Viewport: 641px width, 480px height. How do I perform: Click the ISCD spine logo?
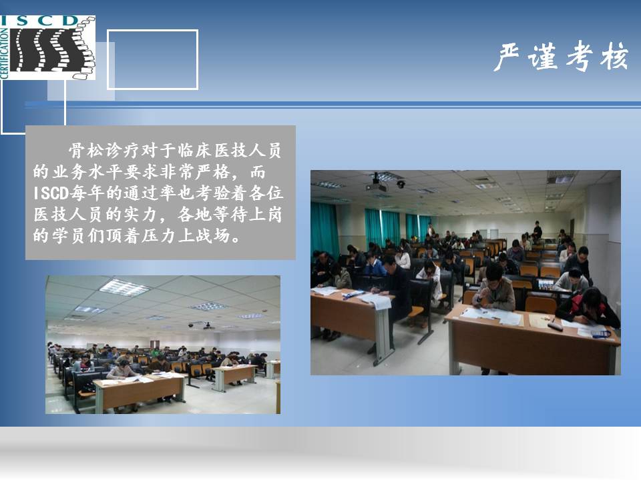point(47,47)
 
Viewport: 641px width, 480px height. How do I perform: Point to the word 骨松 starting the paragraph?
point(86,151)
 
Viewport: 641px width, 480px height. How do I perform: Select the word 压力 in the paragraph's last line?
point(159,236)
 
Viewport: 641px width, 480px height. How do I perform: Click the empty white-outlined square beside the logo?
point(152,30)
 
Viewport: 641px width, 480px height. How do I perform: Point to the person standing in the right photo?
point(537,231)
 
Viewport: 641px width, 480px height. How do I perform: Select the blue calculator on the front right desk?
point(602,334)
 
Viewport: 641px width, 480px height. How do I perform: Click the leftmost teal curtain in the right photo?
point(325,229)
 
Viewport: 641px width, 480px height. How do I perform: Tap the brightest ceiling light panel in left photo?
point(124,287)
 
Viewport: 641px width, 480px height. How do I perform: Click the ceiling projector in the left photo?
point(207,326)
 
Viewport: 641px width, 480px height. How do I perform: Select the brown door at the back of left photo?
point(154,345)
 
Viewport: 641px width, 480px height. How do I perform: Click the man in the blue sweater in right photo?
point(376,267)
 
